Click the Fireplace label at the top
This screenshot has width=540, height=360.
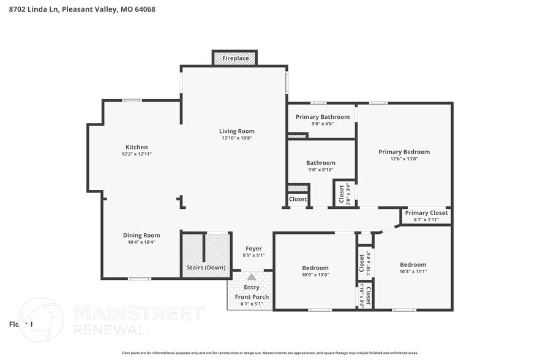(235, 58)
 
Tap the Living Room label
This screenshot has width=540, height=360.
(237, 131)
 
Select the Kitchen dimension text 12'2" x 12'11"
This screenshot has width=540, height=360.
(137, 154)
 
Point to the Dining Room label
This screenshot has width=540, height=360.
(141, 235)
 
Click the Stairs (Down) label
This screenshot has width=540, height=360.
(206, 268)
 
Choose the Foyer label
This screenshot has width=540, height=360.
(253, 249)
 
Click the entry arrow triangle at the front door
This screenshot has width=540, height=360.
(251, 277)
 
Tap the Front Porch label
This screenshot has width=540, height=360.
(252, 297)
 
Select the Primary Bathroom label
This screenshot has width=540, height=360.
(323, 117)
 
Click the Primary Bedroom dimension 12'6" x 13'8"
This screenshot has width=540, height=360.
(403, 159)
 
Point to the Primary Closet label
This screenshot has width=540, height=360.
(426, 213)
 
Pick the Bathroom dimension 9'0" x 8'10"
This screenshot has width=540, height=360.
(321, 170)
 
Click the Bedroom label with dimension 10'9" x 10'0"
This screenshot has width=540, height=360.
(315, 268)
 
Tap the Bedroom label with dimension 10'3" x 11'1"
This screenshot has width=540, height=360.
(413, 264)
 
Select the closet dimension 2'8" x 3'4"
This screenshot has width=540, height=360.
(348, 194)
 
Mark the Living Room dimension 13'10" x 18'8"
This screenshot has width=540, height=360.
(237, 138)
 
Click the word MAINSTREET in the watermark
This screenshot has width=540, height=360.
(138, 313)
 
